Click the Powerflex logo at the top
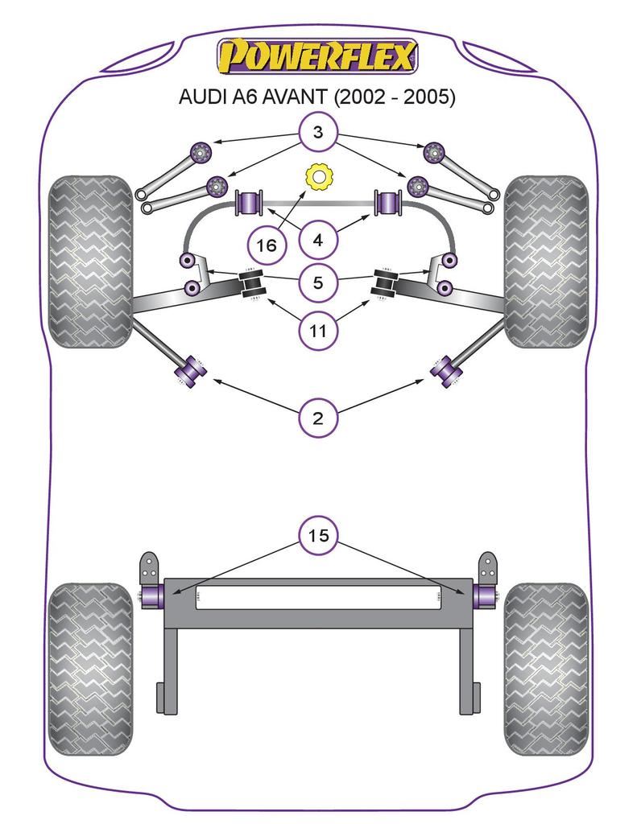(x=318, y=57)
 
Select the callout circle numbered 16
(x=267, y=245)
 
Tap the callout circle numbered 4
(x=318, y=240)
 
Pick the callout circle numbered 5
(x=318, y=282)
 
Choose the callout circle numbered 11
(x=318, y=330)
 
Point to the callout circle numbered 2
(x=318, y=418)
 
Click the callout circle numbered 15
(x=318, y=535)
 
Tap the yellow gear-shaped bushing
(x=320, y=175)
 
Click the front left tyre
(x=89, y=261)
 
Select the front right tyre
(x=546, y=261)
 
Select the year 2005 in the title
(x=429, y=98)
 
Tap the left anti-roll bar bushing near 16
(x=249, y=203)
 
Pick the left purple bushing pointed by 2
(x=192, y=371)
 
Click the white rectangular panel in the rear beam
(x=318, y=596)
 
